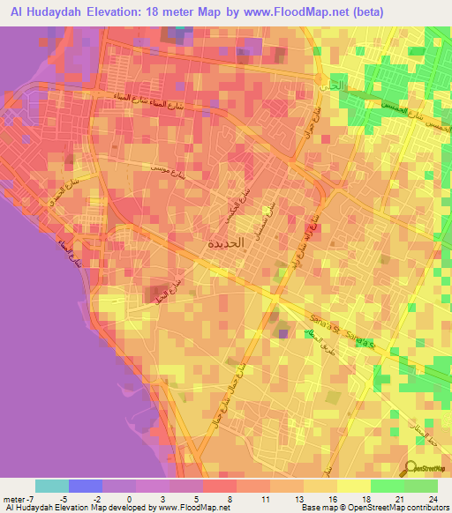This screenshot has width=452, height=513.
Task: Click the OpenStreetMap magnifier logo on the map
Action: [x=412, y=468]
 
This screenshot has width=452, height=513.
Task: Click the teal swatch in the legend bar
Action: [x=52, y=486]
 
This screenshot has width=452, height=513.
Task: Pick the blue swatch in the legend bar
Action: [x=86, y=486]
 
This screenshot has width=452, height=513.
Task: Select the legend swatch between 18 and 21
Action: [x=387, y=486]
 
